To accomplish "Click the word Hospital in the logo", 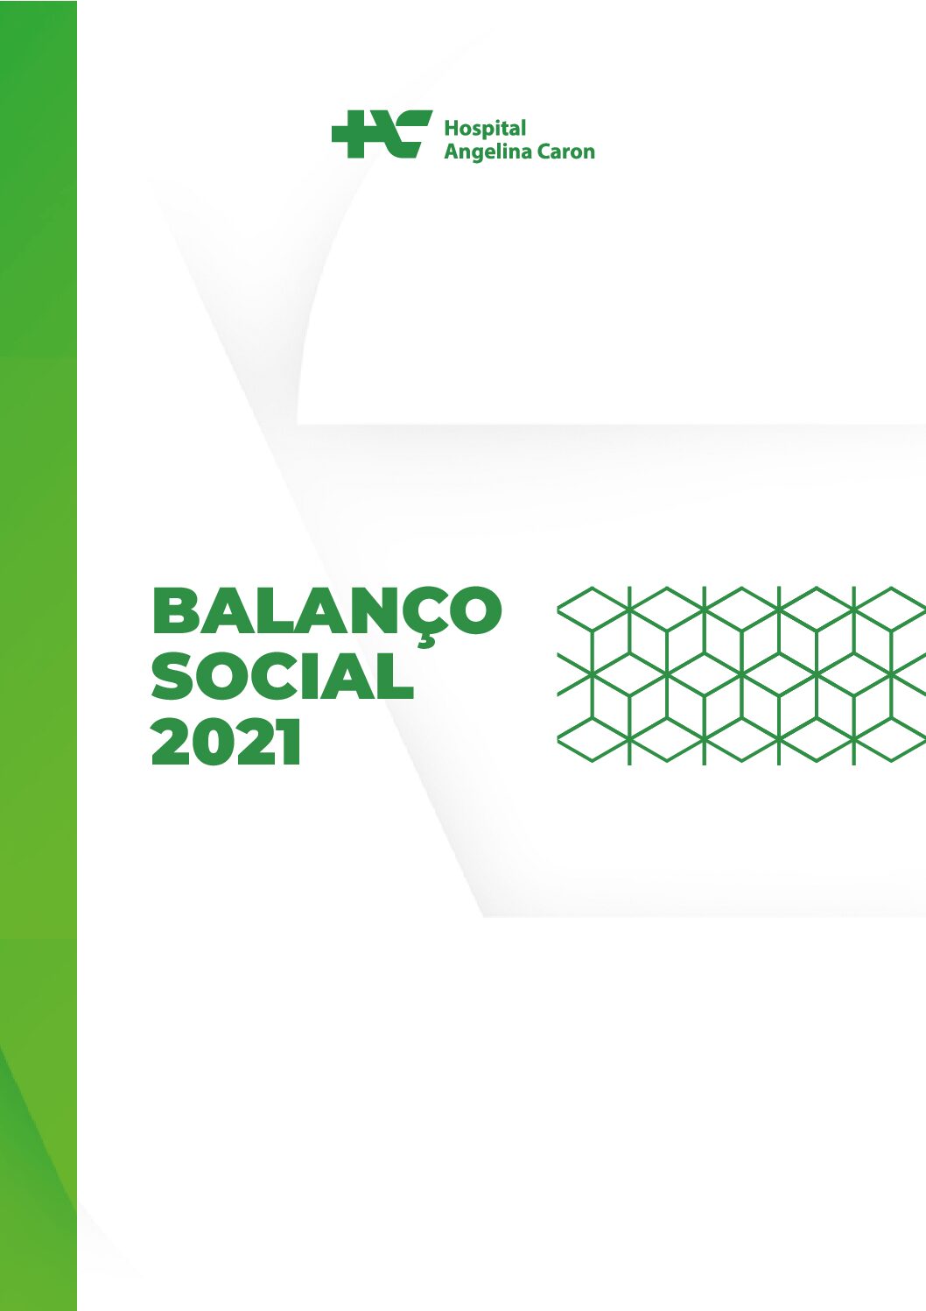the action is (485, 129).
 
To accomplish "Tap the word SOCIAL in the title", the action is (283, 677).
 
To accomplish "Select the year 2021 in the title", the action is (226, 742).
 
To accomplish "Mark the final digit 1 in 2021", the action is (289, 742).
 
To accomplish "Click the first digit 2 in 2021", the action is (172, 742).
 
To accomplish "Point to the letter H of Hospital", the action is (452, 128).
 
